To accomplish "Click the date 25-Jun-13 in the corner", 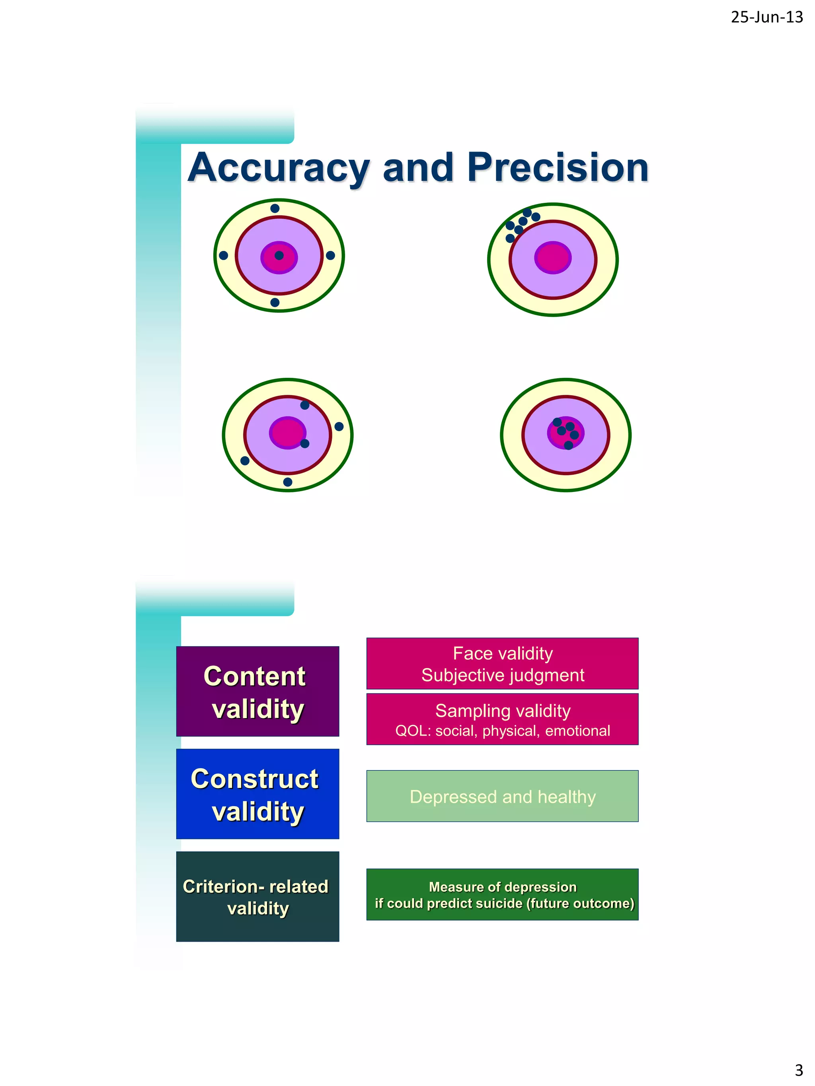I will (766, 17).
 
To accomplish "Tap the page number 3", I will (799, 1069).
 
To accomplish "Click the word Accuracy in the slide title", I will (279, 168).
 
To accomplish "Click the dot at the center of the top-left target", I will (279, 255).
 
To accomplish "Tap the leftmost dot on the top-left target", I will (223, 255).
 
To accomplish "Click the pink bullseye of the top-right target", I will (553, 258).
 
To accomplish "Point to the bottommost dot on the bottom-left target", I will (288, 482).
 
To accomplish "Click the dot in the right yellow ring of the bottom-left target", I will (339, 427).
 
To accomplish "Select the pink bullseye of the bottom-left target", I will (287, 433).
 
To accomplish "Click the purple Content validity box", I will (257, 691).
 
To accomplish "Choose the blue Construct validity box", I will (257, 794).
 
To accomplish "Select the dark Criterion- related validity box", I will (257, 896).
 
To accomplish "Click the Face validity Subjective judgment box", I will (502, 664).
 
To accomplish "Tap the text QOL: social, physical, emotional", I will (502, 731).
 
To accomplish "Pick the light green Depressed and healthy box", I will (502, 797).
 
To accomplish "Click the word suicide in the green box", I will (498, 904).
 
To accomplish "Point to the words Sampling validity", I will (502, 711).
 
